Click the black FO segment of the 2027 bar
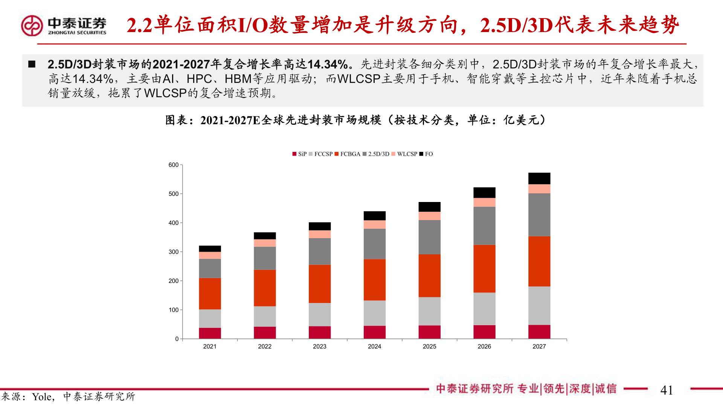539,178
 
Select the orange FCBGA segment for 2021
210,294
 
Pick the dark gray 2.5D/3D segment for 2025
429,237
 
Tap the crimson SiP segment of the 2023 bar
320,332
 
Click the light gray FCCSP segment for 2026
484,309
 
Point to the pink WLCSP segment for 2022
265,243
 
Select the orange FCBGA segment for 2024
374,280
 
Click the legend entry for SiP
300,154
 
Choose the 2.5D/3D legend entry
376,154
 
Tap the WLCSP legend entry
404,154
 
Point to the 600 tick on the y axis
174,165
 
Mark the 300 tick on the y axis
174,252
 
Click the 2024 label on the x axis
374,347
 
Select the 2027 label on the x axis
539,347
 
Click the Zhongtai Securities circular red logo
32,26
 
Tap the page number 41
667,390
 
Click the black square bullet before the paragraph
32,64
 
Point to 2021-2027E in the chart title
230,120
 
